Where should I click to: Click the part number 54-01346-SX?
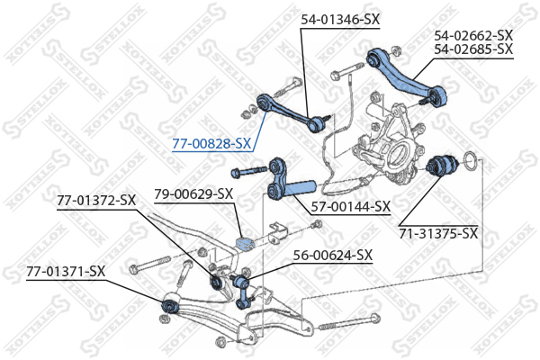[x=340, y=19]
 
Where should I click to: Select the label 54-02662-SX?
[x=473, y=35]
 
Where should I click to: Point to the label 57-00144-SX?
[x=350, y=206]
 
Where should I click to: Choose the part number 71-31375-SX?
[x=439, y=233]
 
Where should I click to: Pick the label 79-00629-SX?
[x=193, y=193]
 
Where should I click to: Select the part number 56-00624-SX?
[x=332, y=255]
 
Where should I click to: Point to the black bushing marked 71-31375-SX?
[x=441, y=166]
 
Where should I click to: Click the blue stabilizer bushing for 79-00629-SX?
[x=243, y=243]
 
